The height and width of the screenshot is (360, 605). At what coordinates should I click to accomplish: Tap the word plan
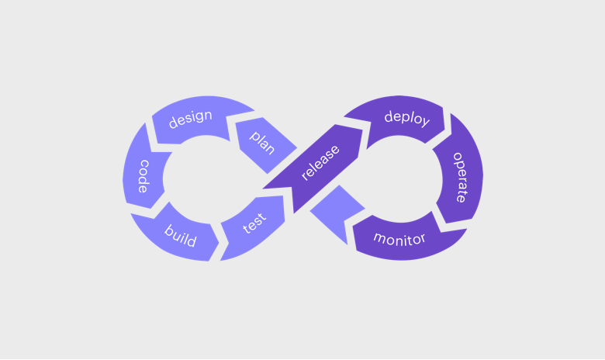pos(262,141)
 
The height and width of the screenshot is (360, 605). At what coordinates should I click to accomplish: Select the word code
pos(143,176)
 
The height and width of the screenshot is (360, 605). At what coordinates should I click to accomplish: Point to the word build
pos(180,236)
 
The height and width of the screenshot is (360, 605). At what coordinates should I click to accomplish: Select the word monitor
pos(399,237)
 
